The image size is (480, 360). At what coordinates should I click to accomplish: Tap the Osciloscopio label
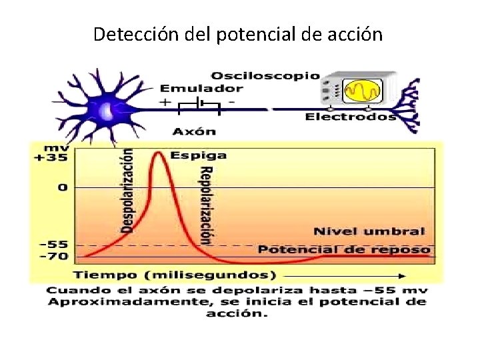pos(265,75)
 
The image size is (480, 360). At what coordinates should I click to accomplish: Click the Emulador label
pos(201,88)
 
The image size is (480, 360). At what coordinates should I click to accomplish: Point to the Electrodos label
pos(351,117)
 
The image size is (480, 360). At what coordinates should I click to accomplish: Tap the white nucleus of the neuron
pos(107,111)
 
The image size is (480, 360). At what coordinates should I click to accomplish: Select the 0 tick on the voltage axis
pos(62,187)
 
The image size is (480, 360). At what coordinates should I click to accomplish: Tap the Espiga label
pos(198,155)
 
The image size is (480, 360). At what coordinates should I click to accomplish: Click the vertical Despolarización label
pos(127,190)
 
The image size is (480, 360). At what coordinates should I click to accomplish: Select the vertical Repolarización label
pos(205,205)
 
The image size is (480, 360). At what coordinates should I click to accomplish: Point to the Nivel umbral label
pos(369,232)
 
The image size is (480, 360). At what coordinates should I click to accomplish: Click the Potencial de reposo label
pos(343,249)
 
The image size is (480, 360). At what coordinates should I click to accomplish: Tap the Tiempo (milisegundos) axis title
pos(175,275)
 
